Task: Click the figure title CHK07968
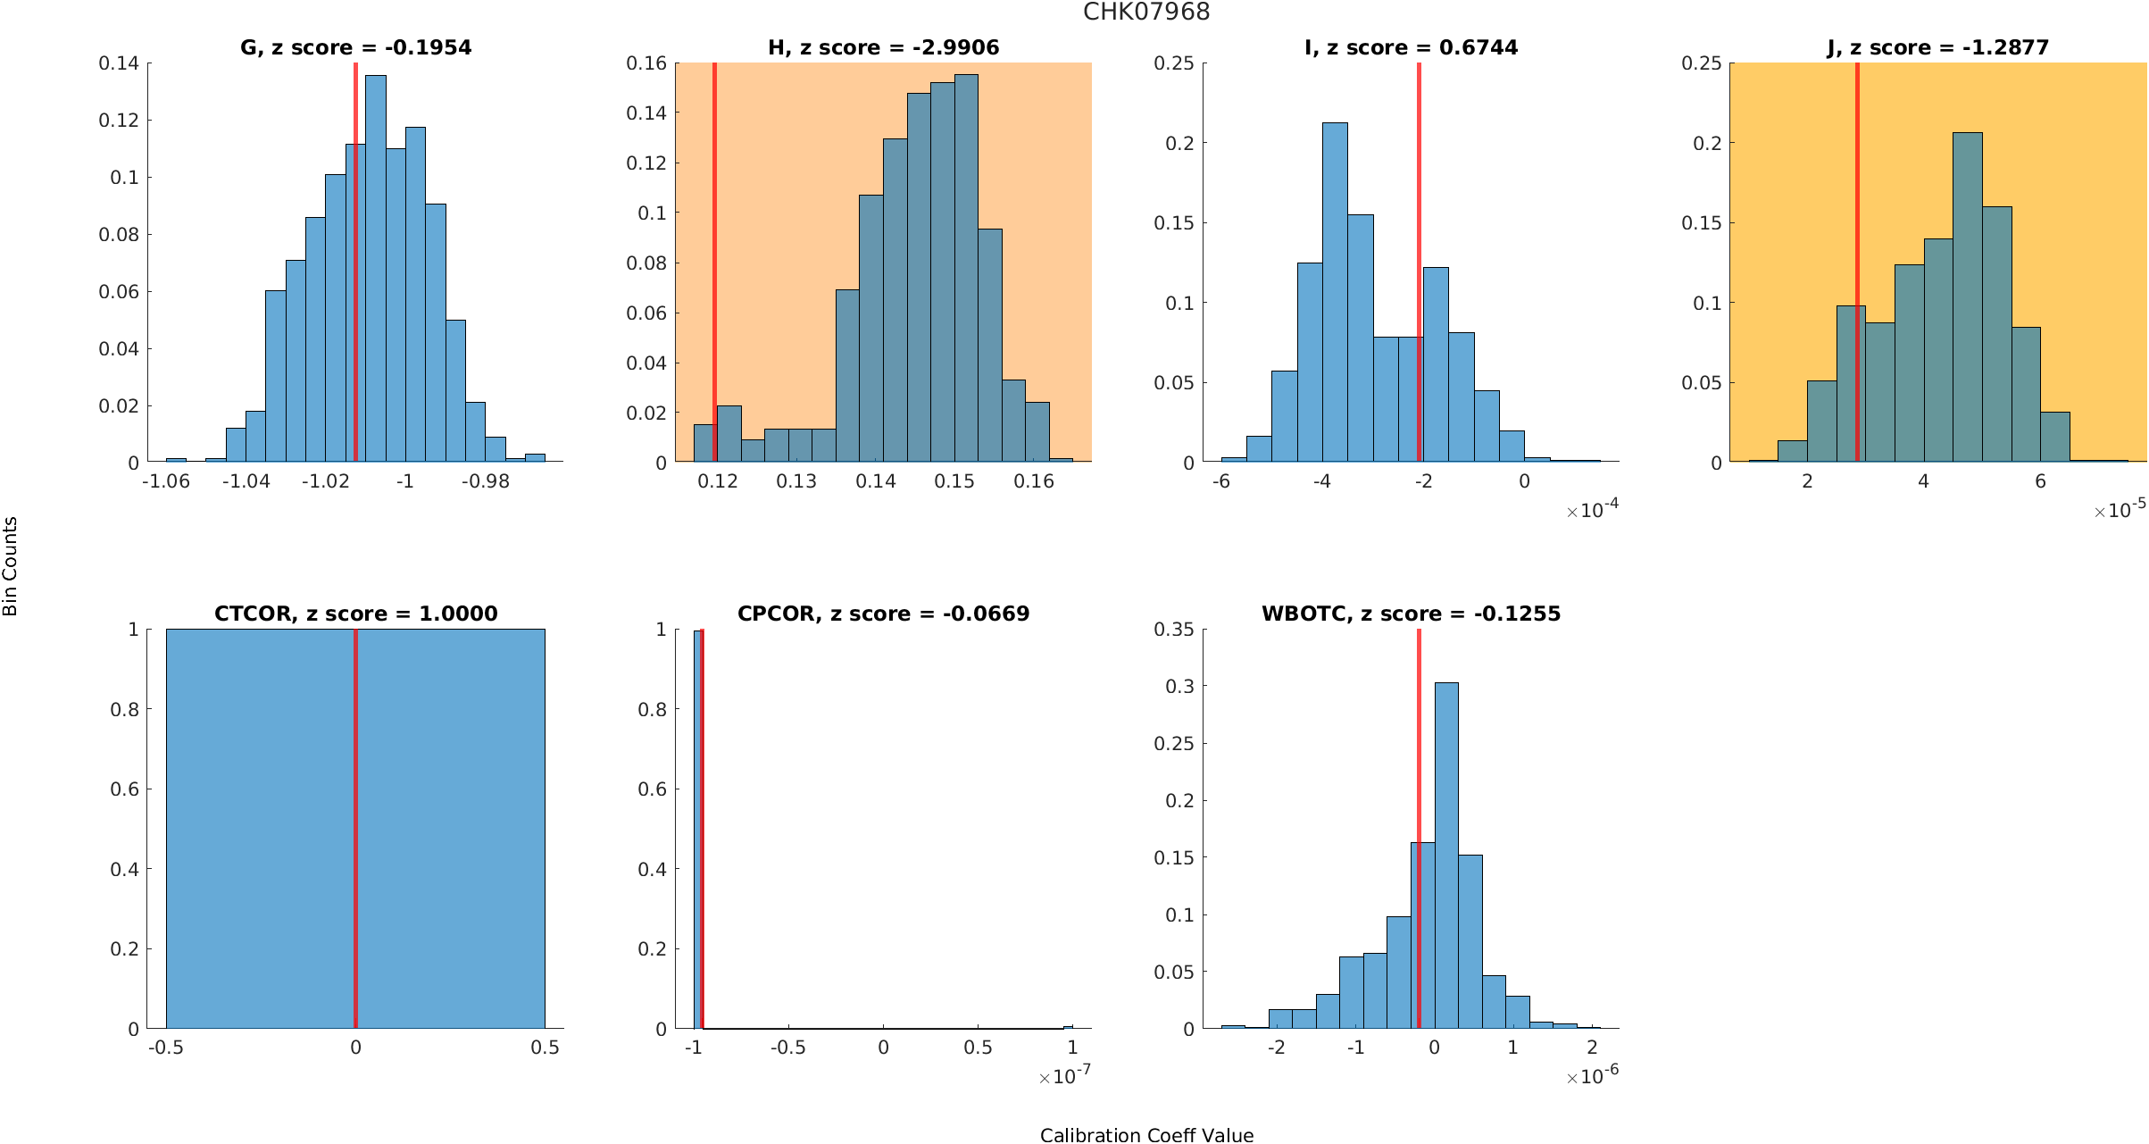(x=1146, y=12)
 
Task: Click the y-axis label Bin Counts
(x=11, y=566)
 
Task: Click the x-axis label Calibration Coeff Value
(x=1146, y=1134)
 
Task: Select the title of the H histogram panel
(x=883, y=47)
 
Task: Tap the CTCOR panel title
(x=355, y=614)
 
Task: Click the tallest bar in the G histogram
(x=376, y=268)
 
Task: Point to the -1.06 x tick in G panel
(x=166, y=481)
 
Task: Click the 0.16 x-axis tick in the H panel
(x=1034, y=481)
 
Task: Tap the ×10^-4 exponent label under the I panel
(x=1592, y=510)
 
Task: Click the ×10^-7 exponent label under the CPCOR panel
(x=1064, y=1076)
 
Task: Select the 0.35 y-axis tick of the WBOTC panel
(x=1173, y=630)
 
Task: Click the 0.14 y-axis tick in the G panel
(x=119, y=63)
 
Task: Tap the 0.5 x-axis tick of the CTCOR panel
(x=545, y=1048)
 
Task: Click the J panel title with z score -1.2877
(x=1937, y=47)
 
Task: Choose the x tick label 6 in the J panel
(x=2040, y=481)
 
